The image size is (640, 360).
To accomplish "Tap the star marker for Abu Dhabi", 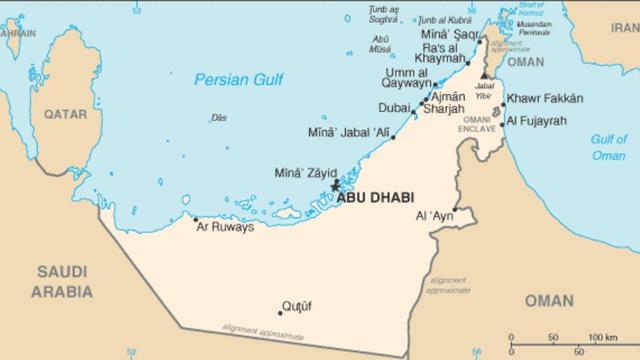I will (335, 185).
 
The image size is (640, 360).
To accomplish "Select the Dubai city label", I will (393, 109).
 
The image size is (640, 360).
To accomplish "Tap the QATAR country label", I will (66, 116).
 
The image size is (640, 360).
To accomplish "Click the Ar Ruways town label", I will (225, 227).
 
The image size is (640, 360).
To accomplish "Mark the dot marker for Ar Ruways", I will (195, 219).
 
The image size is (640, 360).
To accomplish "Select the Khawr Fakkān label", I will (544, 98).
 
